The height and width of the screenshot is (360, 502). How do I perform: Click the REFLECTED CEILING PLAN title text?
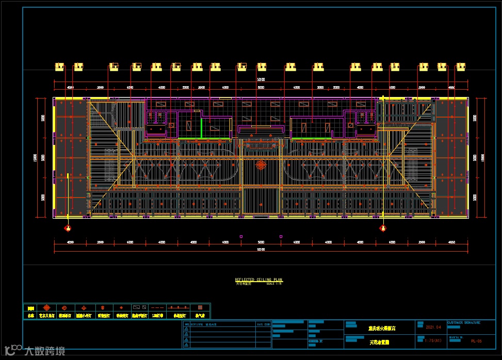[x=258, y=280]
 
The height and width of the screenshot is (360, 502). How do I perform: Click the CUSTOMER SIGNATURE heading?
[x=463, y=322]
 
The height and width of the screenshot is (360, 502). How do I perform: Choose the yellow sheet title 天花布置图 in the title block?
[x=380, y=342]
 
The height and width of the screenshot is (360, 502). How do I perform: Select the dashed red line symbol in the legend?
[x=158, y=307]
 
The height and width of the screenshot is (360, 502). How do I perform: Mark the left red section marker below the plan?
[x=67, y=228]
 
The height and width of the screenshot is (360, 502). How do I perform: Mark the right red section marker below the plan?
[x=383, y=228]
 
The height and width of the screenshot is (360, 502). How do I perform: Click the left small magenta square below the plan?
[x=241, y=237]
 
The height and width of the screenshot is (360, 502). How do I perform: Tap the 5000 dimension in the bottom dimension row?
[x=261, y=242]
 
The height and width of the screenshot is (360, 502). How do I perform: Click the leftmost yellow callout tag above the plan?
[x=60, y=67]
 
